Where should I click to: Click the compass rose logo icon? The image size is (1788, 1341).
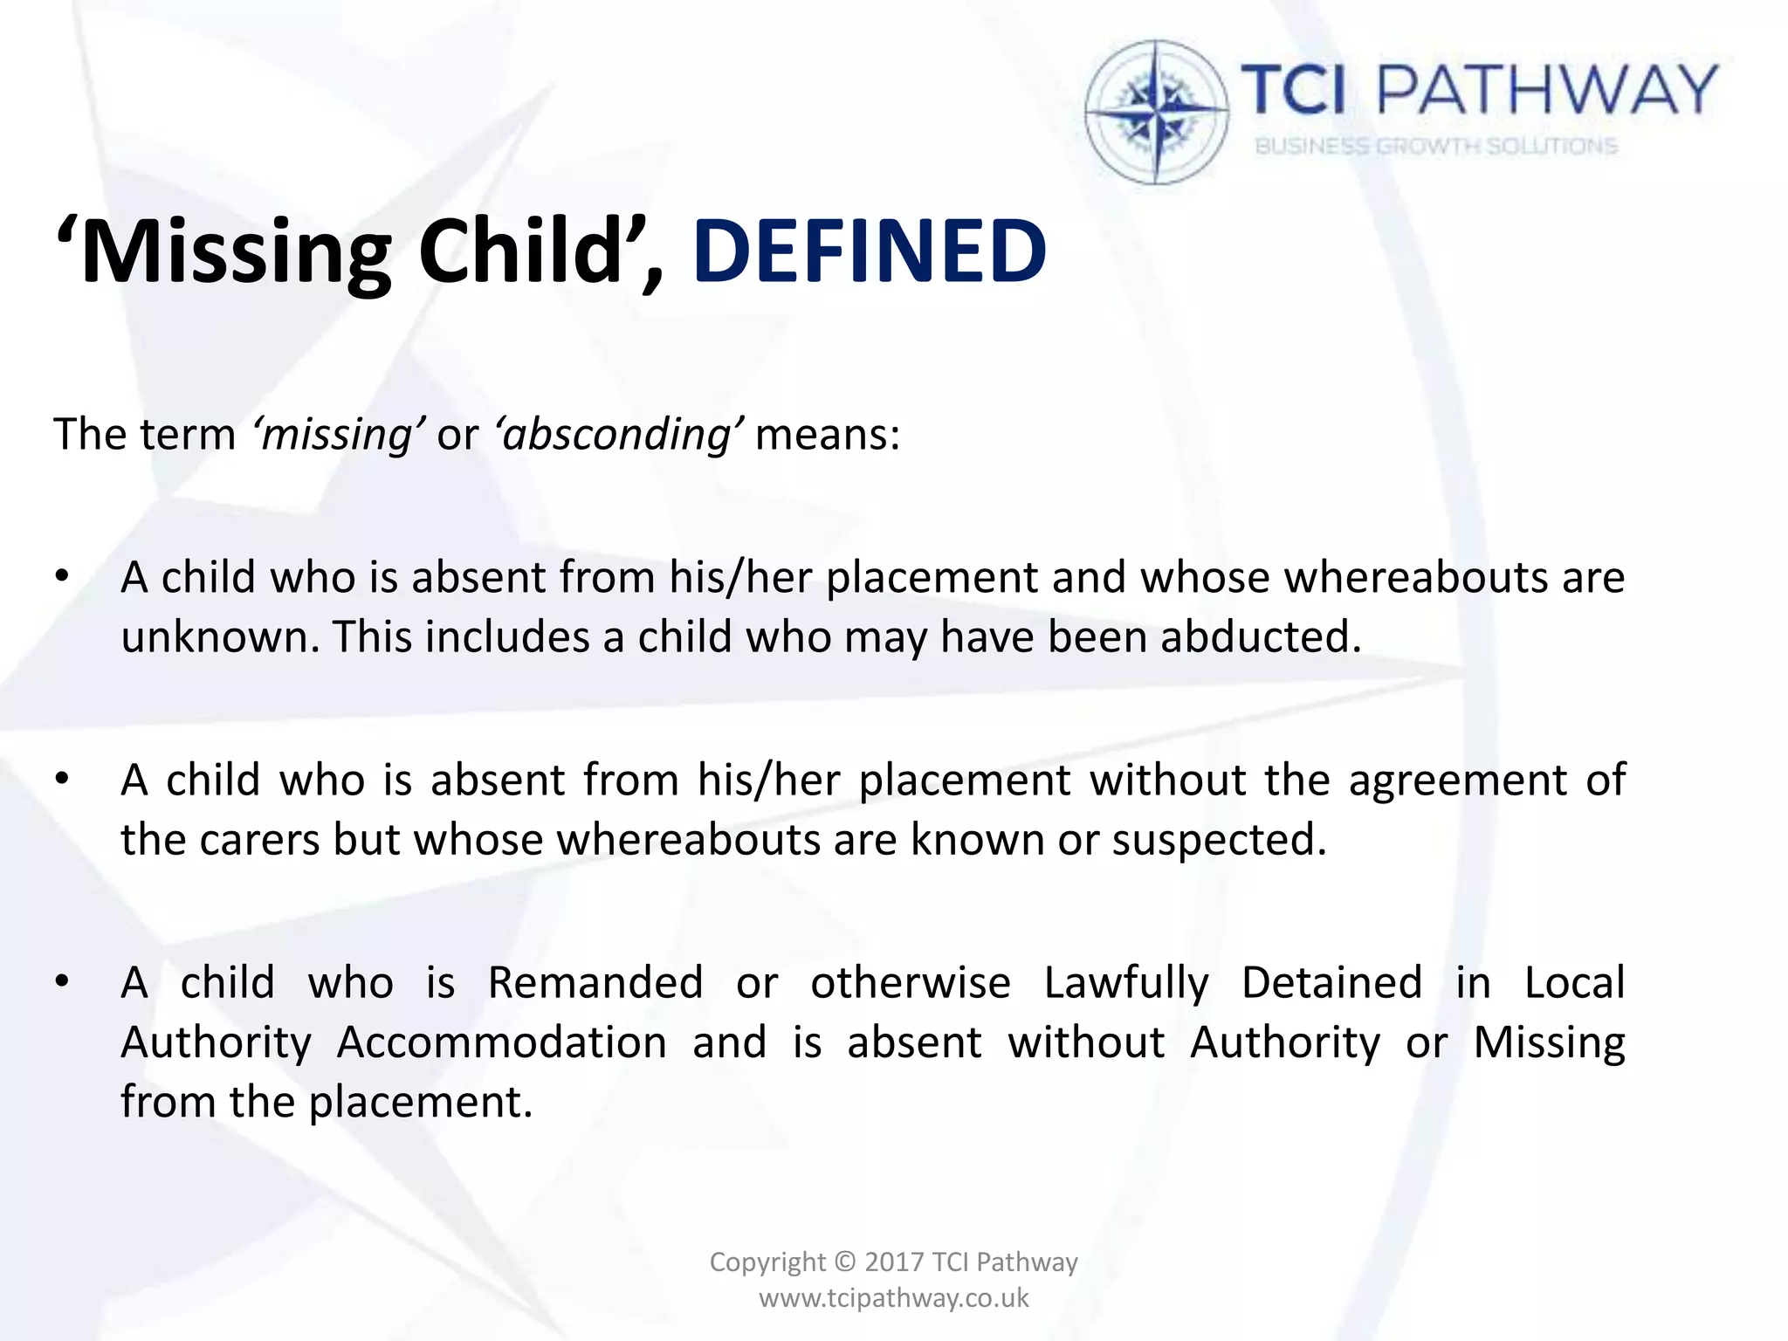(1157, 113)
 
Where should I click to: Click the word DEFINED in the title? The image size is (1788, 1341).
(870, 251)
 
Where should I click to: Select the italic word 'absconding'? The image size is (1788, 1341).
(619, 434)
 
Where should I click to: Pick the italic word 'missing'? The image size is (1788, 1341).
(338, 434)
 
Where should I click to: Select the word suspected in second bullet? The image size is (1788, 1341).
(1219, 839)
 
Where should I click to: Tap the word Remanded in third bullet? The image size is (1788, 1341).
(595, 982)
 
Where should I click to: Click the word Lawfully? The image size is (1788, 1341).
(1126, 982)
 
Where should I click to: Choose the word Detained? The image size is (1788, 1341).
(1332, 982)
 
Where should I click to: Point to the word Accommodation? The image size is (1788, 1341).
(502, 1042)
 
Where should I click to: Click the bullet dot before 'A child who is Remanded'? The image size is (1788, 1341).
(61, 982)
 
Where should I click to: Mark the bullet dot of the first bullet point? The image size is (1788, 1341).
(61, 577)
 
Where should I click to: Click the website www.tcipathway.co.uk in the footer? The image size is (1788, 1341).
(894, 1298)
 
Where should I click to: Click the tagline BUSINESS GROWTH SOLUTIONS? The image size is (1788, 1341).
(1436, 146)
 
